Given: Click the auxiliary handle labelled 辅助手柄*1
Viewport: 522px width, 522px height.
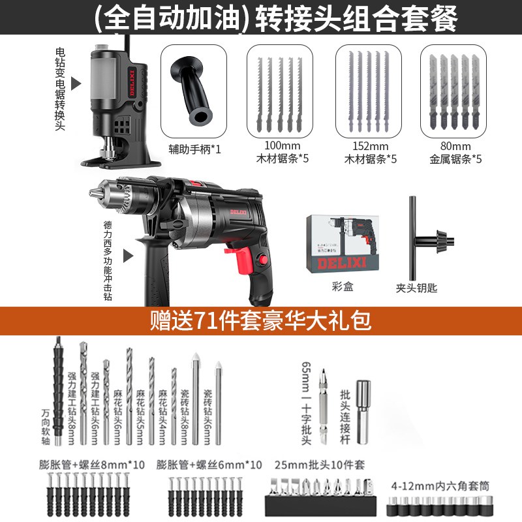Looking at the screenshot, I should pyautogui.click(x=192, y=89).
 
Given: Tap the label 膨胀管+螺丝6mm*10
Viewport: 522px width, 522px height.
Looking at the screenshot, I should pyautogui.click(x=209, y=465).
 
